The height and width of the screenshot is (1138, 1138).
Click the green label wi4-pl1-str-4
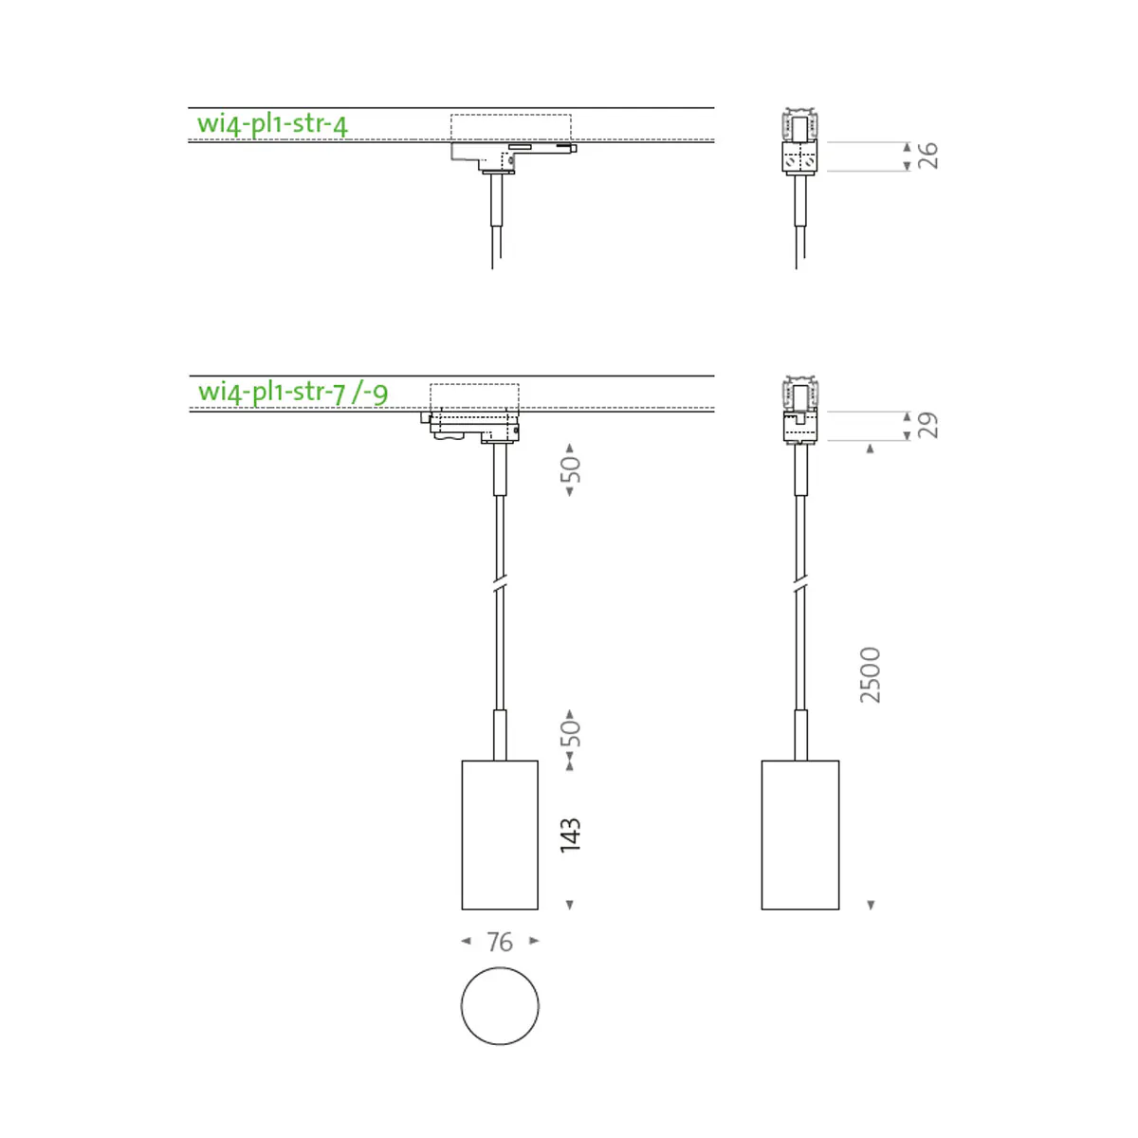(x=272, y=124)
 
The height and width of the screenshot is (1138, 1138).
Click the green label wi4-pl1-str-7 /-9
(x=293, y=392)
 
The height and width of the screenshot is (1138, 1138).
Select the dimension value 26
(x=928, y=156)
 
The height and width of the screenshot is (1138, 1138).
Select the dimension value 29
(x=928, y=425)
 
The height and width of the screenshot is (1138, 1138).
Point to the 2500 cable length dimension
(x=870, y=675)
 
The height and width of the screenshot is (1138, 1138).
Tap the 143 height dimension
(x=571, y=835)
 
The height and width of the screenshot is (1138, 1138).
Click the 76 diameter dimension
(x=500, y=942)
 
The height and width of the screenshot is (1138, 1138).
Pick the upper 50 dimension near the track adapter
(x=571, y=469)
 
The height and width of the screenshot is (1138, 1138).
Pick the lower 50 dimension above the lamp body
(x=571, y=733)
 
